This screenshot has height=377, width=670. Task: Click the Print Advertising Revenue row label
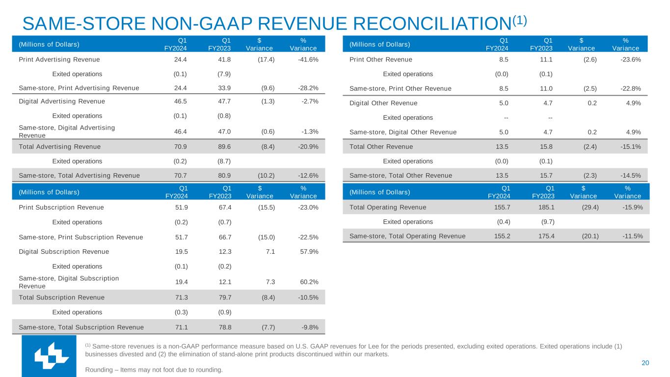[x=59, y=59]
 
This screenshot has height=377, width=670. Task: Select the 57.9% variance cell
[x=308, y=251]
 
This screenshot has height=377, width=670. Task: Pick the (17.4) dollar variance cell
[x=265, y=59]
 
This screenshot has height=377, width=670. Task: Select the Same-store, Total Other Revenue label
[x=401, y=175]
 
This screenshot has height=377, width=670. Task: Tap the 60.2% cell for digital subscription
[x=308, y=282]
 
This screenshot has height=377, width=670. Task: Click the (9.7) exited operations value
[x=544, y=221]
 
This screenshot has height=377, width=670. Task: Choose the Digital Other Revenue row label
[x=383, y=103]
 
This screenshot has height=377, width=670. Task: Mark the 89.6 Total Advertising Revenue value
[x=224, y=146]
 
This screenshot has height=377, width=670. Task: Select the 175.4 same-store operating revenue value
[x=543, y=236]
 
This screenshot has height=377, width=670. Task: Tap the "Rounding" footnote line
[x=154, y=370]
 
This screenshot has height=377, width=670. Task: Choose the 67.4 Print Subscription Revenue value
[x=224, y=207]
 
